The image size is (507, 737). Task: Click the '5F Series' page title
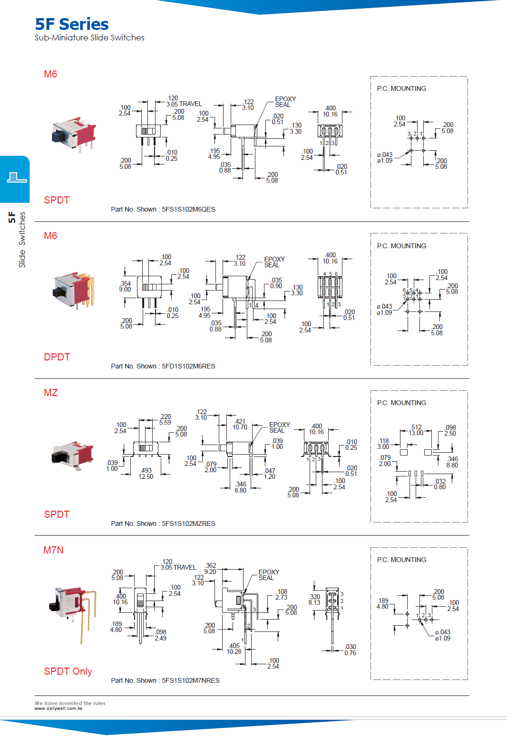pos(72,24)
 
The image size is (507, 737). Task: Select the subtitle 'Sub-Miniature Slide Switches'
pos(89,38)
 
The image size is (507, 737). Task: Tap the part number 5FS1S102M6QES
pos(188,209)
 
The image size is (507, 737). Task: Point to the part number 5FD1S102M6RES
pos(188,366)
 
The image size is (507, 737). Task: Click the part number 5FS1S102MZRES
pos(188,524)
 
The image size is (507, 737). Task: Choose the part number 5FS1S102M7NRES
pos(190,680)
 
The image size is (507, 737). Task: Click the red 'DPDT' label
pos(57,357)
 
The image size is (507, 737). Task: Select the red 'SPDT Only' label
pos(68,671)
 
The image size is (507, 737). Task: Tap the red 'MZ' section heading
pos(51,393)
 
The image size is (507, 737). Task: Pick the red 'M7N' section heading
pos(53,550)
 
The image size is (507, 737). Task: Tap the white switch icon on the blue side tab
pos(17,178)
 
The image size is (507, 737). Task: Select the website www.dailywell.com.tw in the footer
pos(58,708)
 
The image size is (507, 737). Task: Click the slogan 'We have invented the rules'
pos(70,703)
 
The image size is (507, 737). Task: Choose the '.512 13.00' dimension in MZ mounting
pos(416,430)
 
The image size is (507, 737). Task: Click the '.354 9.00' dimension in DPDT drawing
pos(125,286)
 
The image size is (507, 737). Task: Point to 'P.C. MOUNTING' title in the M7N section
pos(401,560)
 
